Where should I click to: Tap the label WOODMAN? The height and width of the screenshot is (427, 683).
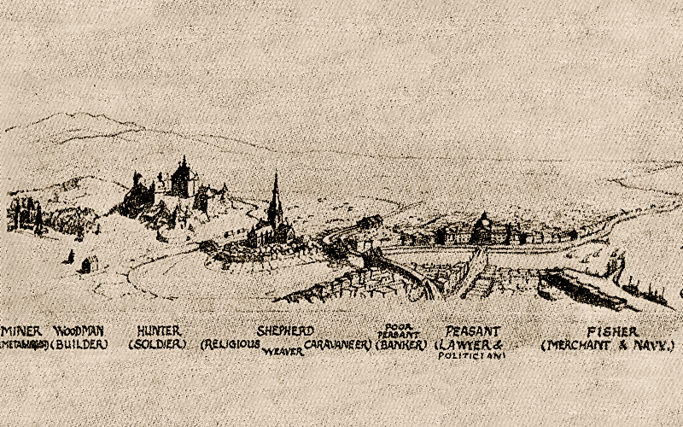click(x=79, y=330)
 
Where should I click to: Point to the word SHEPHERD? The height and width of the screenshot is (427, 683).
click(x=285, y=330)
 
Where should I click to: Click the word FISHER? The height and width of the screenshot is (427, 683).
click(x=607, y=330)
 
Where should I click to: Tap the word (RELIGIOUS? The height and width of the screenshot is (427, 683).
click(x=231, y=345)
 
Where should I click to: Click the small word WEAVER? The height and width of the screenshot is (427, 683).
click(x=283, y=351)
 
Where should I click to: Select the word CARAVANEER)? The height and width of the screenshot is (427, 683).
click(x=339, y=345)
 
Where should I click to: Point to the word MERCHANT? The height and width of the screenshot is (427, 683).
click(x=577, y=345)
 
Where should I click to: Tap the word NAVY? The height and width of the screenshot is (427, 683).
click(x=654, y=345)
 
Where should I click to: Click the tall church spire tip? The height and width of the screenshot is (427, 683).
click(x=275, y=176)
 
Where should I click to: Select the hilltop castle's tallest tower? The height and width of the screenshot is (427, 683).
click(x=183, y=164)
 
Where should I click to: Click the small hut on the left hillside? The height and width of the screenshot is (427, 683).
click(x=86, y=264)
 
